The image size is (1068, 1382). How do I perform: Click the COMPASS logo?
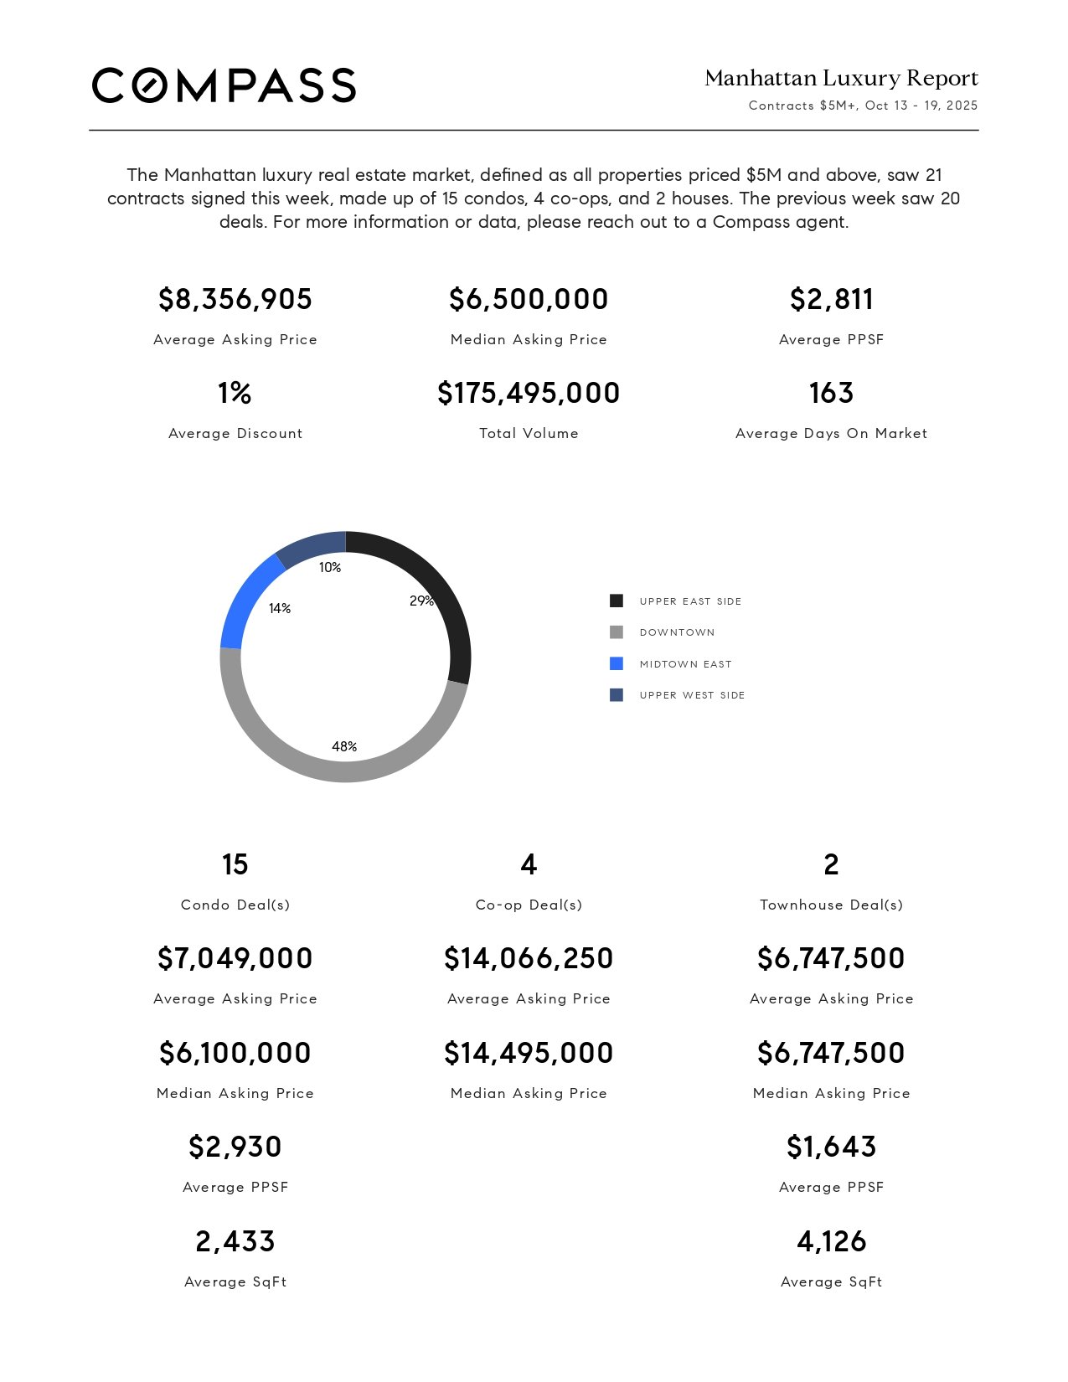224,85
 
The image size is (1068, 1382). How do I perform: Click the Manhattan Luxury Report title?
841,79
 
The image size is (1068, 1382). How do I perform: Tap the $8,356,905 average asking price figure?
235,299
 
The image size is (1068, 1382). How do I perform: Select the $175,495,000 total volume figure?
529,393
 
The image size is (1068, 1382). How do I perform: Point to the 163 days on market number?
831,393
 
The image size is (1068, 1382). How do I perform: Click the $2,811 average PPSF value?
831,299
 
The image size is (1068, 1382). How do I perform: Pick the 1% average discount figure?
235,393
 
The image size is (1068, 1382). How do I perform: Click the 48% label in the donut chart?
344,746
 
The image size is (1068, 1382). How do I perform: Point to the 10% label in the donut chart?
330,567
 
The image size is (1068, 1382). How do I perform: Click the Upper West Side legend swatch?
617,695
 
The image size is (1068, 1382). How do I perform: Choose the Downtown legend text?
677,632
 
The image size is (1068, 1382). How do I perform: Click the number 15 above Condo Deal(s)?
235,864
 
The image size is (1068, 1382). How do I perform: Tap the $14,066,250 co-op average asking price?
529,958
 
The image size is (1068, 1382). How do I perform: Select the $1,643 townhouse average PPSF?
831,1147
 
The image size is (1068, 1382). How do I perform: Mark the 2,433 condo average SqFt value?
235,1241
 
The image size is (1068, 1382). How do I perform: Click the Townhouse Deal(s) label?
831,905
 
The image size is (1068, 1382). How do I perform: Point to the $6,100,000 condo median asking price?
235,1053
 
